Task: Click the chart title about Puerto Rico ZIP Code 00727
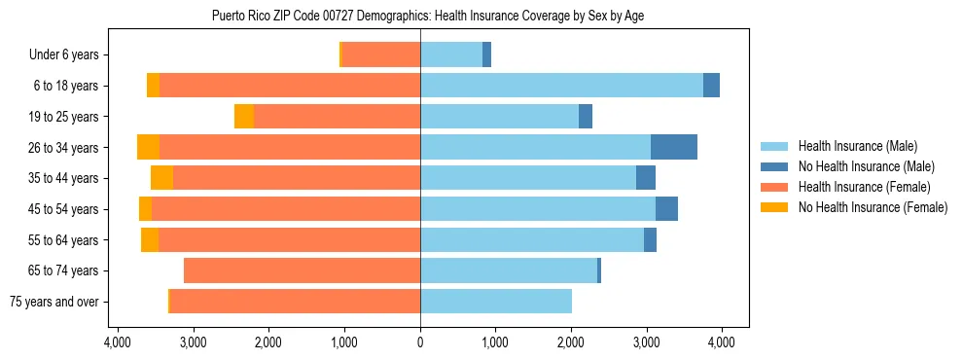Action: tap(427, 16)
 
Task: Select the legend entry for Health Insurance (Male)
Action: tap(857, 146)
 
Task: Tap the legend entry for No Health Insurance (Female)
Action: tap(872, 207)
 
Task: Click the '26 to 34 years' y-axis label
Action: tap(63, 148)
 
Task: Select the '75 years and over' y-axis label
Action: tap(55, 302)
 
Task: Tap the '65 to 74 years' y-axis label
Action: tap(63, 270)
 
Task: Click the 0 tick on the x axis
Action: tap(420, 342)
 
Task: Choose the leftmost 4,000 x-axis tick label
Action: tap(118, 342)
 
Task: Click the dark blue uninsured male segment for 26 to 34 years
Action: tap(674, 147)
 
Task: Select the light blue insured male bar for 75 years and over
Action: tap(496, 302)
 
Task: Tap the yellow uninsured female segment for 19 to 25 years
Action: tap(244, 117)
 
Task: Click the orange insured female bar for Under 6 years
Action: tap(381, 55)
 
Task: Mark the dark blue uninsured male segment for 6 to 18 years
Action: tap(711, 86)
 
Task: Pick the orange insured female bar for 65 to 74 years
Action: tap(302, 270)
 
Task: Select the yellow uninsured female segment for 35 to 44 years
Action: tap(161, 178)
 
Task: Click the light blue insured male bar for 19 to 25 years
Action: tap(499, 117)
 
